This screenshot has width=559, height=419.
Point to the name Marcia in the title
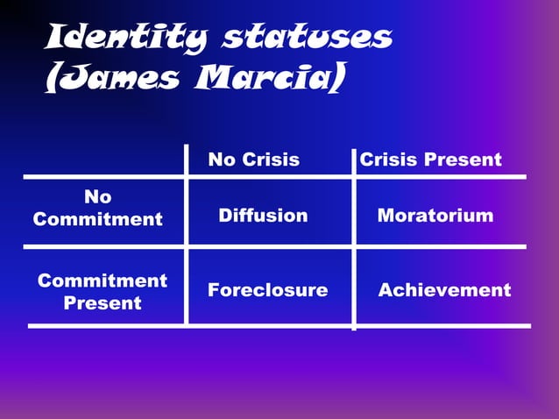260,80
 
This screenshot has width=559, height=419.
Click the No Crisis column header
254,160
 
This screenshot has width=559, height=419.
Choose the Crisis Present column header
431,160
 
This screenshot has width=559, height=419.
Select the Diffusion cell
263,216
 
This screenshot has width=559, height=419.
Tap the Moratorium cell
435,216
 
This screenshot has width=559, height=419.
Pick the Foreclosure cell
268,290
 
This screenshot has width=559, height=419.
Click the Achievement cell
444,290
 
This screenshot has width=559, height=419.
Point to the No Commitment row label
98,209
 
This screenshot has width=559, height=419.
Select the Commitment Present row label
103,292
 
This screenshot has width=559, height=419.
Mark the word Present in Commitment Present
103,303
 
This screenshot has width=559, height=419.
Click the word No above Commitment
98,197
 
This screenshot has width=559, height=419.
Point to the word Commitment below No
98,219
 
